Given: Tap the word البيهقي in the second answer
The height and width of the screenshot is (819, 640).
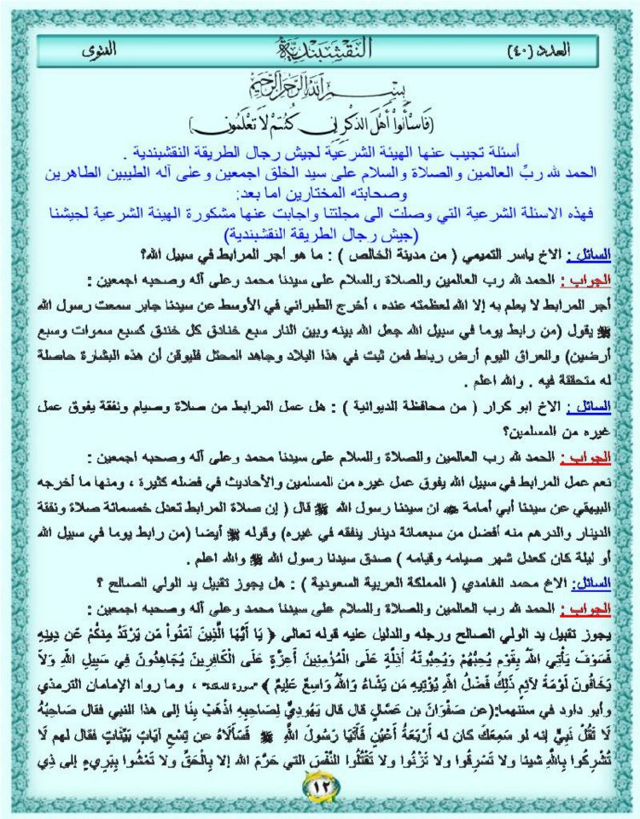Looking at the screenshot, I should click(x=583, y=481).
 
